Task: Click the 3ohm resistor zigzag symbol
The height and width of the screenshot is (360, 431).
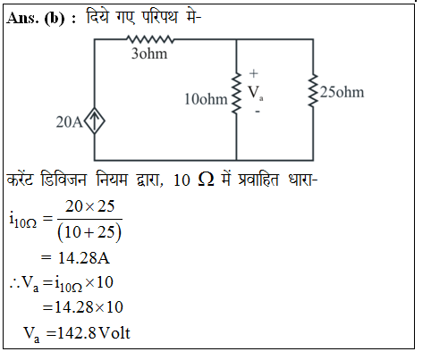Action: (150, 39)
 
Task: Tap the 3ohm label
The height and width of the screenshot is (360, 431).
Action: (149, 54)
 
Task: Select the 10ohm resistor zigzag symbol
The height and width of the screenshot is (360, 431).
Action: (236, 93)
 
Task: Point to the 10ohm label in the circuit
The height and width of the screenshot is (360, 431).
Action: (206, 99)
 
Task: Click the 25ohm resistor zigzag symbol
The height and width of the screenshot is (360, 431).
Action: (313, 91)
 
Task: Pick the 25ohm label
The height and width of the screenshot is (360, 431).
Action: (342, 92)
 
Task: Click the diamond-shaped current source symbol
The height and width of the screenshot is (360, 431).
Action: (95, 121)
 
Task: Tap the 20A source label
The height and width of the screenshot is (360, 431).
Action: (69, 122)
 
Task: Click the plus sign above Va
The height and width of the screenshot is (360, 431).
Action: (253, 73)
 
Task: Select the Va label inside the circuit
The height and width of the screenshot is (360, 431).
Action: (256, 93)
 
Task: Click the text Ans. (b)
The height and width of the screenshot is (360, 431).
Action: (36, 19)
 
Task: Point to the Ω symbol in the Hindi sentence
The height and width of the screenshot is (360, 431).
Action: (206, 180)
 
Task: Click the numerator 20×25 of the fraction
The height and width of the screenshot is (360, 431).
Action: (89, 206)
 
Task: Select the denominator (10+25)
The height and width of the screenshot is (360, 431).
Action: (89, 232)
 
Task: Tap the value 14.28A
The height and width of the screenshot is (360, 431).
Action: (84, 258)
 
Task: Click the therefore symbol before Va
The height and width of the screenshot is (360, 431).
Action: (14, 283)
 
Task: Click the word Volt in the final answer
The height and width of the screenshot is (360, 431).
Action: (114, 333)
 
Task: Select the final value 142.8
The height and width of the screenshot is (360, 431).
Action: (77, 333)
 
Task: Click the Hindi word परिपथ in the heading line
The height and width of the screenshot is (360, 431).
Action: (159, 17)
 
